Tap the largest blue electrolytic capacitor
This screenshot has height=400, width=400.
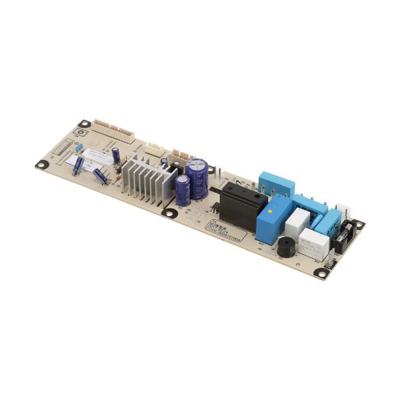pos(197,177)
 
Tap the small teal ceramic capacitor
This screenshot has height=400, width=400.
pos(79,148)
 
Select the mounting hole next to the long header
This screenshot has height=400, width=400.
pos(84,124)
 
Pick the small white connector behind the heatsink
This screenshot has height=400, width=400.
pos(154,150)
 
